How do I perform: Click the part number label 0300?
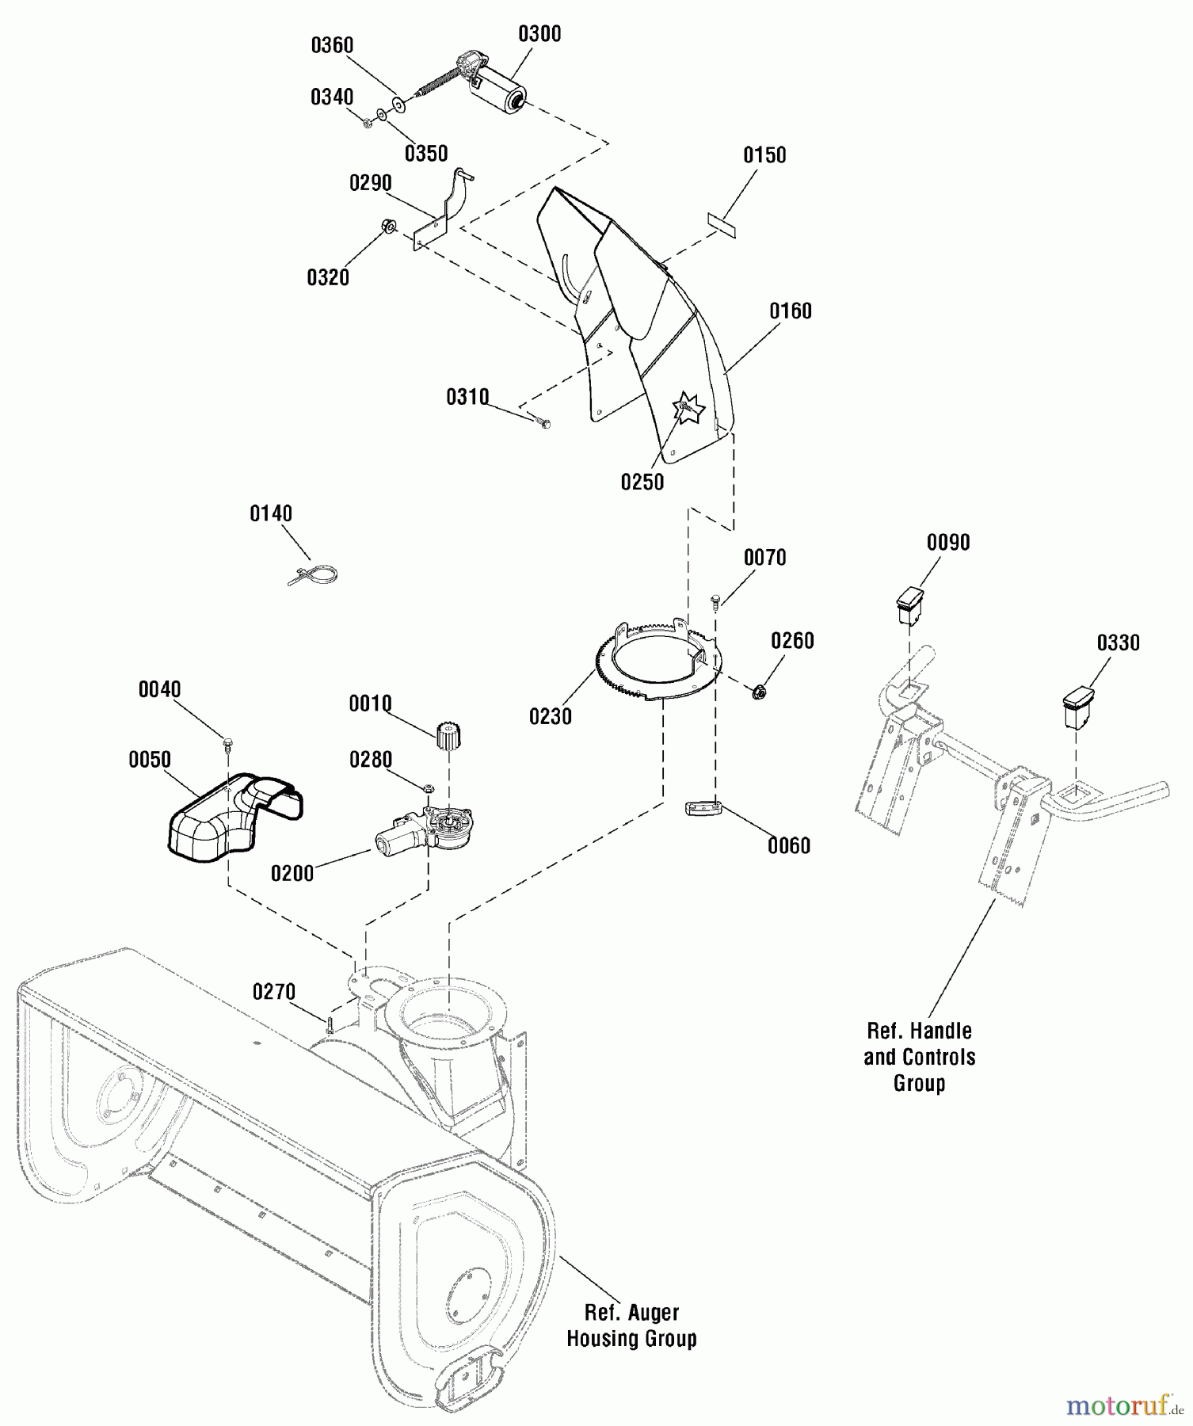[x=539, y=34]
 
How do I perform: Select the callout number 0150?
[x=764, y=154]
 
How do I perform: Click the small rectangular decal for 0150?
[x=721, y=221]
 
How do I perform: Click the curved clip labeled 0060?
[x=704, y=809]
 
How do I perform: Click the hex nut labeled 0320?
[x=390, y=226]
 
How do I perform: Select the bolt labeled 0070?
[x=715, y=601]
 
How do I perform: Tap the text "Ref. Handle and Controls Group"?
[x=919, y=1056]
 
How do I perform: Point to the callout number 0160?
[x=791, y=311]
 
